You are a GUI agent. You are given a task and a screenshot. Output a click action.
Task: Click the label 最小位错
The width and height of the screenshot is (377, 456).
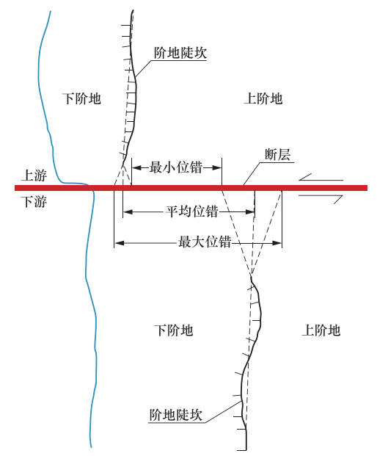pyautogui.click(x=176, y=168)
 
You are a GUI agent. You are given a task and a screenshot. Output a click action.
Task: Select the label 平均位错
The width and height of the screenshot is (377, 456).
pyautogui.click(x=192, y=211)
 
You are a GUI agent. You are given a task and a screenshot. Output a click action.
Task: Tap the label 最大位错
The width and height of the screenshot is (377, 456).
pyautogui.click(x=205, y=242)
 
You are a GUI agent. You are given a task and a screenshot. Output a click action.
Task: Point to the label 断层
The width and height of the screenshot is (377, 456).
pyautogui.click(x=278, y=154)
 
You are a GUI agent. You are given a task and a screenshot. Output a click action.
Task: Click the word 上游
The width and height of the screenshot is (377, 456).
pyautogui.click(x=34, y=175)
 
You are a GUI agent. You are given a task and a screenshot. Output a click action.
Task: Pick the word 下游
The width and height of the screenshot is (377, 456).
pyautogui.click(x=34, y=201)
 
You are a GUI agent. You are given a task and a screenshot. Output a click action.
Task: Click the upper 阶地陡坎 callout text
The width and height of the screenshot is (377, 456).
pyautogui.click(x=180, y=53)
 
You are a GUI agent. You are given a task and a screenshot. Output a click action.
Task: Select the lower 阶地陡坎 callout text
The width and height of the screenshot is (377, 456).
pyautogui.click(x=175, y=415)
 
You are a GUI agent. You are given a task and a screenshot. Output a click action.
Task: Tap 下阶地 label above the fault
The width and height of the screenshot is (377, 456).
pyautogui.click(x=81, y=98)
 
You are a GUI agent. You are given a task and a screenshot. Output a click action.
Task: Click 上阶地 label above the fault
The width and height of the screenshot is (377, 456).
pyautogui.click(x=263, y=98)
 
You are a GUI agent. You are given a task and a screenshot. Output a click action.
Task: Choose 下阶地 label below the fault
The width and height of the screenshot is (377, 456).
pyautogui.click(x=173, y=330)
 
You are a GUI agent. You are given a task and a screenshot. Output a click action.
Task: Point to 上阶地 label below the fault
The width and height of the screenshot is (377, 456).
pyautogui.click(x=321, y=330)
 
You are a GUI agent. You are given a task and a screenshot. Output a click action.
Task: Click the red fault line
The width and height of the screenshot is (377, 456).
pyautogui.click(x=191, y=188)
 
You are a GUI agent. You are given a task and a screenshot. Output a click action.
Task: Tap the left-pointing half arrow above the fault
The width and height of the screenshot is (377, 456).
pyautogui.click(x=321, y=178)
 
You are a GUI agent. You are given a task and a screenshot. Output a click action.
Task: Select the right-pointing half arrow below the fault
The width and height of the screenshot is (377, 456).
pyautogui.click(x=321, y=199)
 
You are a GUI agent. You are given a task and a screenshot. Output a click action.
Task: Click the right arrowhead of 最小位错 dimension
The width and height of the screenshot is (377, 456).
pyautogui.click(x=217, y=168)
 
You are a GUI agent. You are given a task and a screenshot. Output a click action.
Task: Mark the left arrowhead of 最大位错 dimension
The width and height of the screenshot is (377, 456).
pyautogui.click(x=119, y=242)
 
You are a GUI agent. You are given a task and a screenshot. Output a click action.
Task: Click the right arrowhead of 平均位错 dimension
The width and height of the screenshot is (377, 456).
pyautogui.click(x=250, y=211)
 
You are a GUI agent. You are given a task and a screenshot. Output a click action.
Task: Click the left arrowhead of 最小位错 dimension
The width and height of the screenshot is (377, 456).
pyautogui.click(x=137, y=168)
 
